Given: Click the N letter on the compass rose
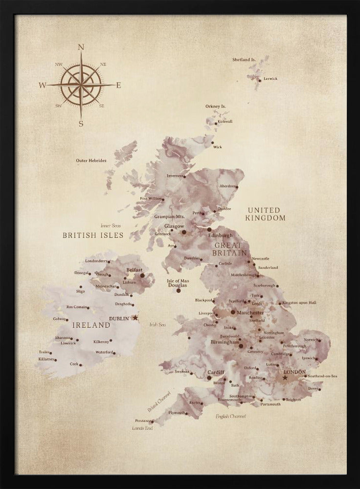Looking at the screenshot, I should point(81,47).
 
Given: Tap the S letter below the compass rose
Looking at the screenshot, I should point(81,124).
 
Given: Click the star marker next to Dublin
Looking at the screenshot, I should point(135,318).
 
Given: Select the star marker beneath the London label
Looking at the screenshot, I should point(285,378).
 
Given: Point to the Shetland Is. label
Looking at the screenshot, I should point(244,60).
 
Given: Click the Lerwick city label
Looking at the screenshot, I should point(270,78).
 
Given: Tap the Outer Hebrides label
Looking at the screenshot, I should point(91,160).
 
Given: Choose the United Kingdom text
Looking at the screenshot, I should point(266,214).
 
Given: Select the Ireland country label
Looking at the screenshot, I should point(91,325).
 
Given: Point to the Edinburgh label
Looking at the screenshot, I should point(220,235).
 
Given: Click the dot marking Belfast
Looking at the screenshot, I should point(143,275).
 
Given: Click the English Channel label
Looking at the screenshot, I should point(231,416).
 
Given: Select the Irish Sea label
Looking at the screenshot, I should point(158,324).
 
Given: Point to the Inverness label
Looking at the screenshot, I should point(175,176).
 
